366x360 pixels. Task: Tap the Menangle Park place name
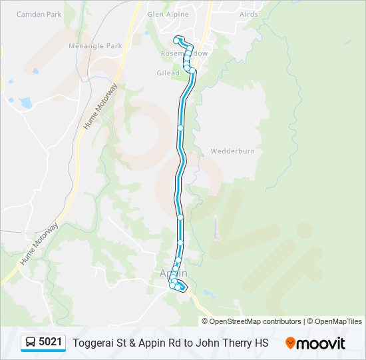pos(95,46)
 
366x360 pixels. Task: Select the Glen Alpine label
pos(168,14)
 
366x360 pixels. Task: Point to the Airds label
pos(248,14)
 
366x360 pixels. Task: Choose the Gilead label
pos(168,73)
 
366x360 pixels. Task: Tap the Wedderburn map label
pos(233,151)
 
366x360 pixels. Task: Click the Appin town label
pos(174,273)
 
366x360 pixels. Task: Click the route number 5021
pos(51,343)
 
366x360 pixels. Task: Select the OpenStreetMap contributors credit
pos(255,321)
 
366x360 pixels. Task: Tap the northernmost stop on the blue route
pos(177,39)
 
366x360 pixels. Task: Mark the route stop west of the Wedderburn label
pos(180,127)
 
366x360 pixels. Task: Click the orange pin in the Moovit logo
pos(291,343)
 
